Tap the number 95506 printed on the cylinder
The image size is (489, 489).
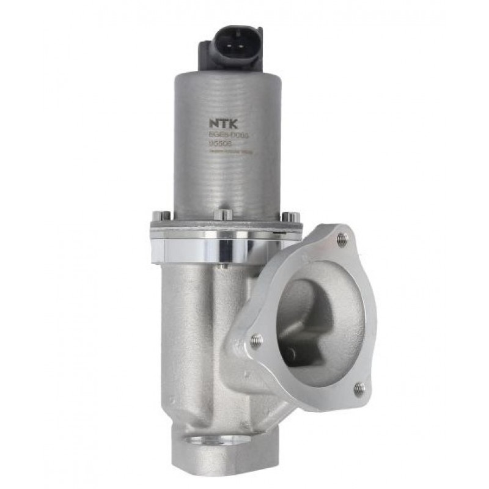[219, 144]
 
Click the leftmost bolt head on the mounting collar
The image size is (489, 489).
[161, 215]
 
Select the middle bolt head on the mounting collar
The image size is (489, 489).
[224, 215]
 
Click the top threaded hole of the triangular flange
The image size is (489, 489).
[342, 240]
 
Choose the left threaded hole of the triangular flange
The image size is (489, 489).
[256, 340]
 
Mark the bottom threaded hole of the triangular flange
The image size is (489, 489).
[359, 387]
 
